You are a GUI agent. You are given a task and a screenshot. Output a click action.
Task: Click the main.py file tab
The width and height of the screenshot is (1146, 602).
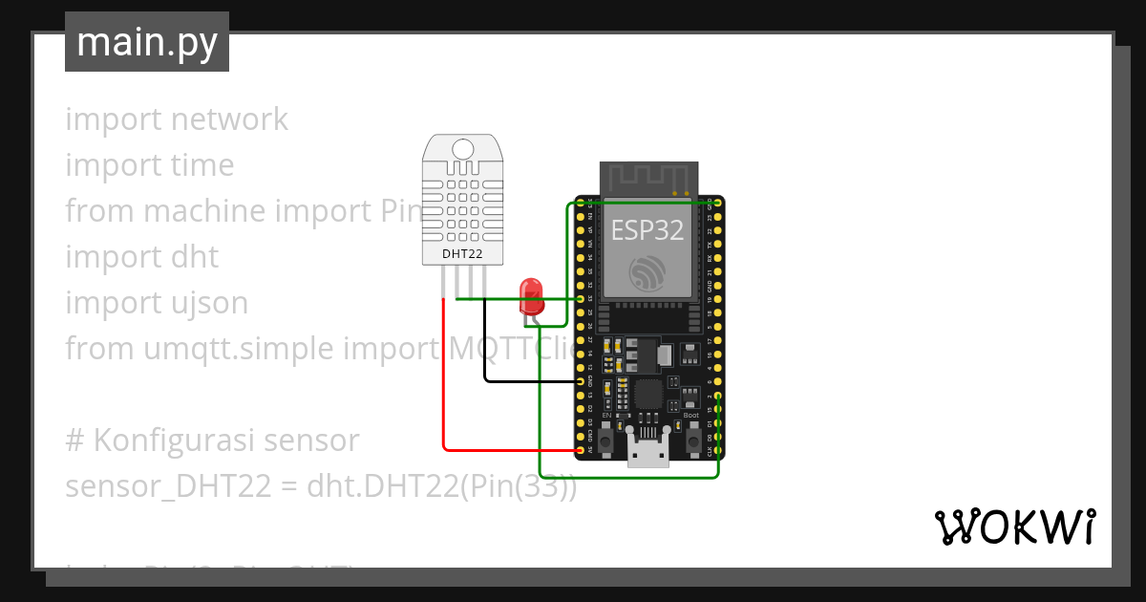146,42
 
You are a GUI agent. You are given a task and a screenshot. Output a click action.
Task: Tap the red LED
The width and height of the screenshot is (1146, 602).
531,295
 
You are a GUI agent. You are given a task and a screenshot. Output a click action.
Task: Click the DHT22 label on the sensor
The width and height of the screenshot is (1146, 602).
462,254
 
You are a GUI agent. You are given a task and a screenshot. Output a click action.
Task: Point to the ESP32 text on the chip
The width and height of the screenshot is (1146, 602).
647,229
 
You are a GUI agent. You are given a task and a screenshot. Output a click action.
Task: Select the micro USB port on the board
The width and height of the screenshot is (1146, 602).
648,453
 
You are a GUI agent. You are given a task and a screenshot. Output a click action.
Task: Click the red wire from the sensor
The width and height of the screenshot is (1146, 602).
444,382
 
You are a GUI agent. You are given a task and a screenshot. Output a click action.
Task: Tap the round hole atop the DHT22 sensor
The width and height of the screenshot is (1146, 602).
462,149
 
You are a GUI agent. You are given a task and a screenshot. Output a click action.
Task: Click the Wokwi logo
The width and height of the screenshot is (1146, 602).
1014,527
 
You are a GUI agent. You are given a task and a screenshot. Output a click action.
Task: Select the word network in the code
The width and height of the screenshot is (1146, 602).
229,119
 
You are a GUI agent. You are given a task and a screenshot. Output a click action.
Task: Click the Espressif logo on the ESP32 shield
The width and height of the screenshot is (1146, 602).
649,274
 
